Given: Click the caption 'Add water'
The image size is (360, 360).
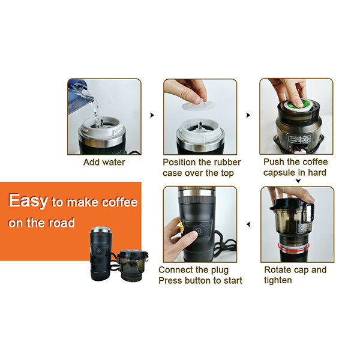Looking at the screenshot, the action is (104, 162).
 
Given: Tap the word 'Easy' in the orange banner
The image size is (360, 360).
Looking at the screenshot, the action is (28, 201).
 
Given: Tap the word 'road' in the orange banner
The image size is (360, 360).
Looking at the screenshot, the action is (62, 223).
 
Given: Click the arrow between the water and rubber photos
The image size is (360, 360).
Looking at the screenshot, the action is (152, 115).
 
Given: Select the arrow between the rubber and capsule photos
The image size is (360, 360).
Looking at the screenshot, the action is (248, 115).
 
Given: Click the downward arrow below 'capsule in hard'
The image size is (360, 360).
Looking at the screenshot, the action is (298, 181).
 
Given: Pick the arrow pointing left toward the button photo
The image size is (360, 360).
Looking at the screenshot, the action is (248, 224).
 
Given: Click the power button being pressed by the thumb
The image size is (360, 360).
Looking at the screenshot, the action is (198, 230).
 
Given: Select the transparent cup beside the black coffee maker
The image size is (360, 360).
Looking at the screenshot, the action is (132, 265).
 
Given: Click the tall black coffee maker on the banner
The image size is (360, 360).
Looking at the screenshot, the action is (101, 253).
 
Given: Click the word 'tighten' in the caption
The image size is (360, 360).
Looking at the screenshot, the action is (278, 280).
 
